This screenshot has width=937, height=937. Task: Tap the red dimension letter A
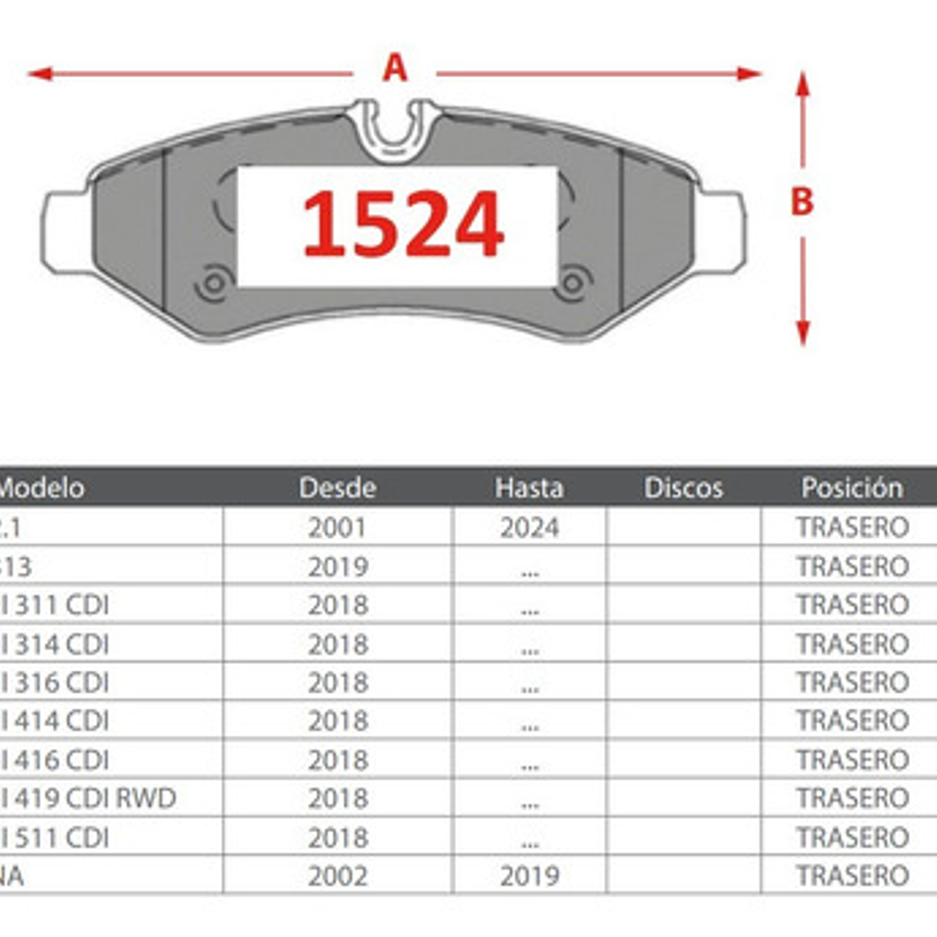(395, 68)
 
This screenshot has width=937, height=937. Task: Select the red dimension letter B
(801, 201)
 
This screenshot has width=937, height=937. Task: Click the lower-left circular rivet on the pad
(213, 284)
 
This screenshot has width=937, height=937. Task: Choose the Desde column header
(337, 487)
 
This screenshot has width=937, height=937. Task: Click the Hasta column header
(529, 487)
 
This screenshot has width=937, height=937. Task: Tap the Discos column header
(683, 487)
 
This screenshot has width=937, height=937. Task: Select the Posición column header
(852, 487)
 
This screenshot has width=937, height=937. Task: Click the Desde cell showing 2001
(337, 527)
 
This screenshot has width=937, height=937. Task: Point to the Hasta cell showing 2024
(529, 527)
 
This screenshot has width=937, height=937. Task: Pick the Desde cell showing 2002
(337, 875)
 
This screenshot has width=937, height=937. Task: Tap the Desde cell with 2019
(337, 566)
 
